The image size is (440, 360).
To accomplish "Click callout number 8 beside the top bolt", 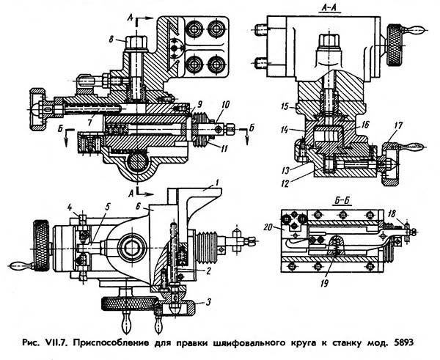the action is point(111,40).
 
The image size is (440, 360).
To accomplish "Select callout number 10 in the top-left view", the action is point(225,105).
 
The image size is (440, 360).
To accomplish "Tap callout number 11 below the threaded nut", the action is point(224,148).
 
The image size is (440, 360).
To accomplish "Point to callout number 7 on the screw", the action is point(90,123).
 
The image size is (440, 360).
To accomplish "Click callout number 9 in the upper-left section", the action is point(199,104).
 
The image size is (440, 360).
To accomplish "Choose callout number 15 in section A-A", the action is point(285,106).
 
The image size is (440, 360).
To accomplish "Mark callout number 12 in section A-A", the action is point(285,183).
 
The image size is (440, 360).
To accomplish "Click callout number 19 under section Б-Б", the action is point(324,284).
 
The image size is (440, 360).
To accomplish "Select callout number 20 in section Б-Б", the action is point(268,227).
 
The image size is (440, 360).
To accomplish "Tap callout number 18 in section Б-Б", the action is point(392,214).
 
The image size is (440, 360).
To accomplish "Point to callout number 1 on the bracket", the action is point(216,183).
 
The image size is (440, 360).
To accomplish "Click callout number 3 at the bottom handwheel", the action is point(208,303).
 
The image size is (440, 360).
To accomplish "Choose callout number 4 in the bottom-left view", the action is point(70,207).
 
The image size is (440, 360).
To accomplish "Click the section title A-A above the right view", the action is point(330,9).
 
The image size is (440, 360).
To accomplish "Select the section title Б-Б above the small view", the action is point(343,201).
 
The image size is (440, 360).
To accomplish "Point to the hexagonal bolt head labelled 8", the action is point(136,42).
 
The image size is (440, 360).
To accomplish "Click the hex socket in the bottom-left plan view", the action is point(132,248).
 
